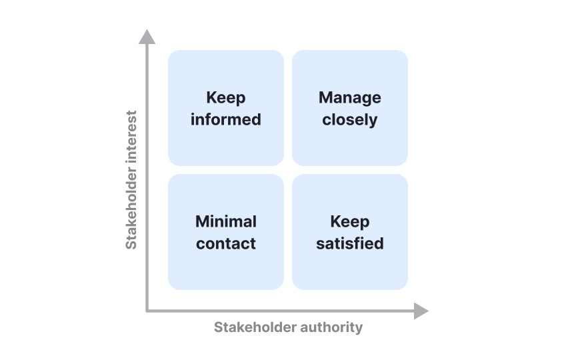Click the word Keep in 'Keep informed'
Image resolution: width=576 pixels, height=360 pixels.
[226, 98]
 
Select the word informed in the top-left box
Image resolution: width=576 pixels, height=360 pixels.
[226, 120]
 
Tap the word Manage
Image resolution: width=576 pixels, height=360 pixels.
[350, 98]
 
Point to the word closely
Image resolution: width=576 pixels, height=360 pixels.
[350, 120]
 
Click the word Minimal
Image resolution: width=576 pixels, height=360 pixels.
[226, 221]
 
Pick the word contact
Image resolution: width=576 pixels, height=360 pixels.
[226, 244]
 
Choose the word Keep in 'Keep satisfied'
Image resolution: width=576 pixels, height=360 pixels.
[350, 221]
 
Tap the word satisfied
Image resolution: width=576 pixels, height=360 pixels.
[350, 244]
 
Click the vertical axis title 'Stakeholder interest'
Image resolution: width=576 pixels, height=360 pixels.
[131, 180]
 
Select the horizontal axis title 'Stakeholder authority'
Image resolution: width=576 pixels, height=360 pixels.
[288, 327]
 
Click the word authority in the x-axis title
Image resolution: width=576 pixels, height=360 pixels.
[332, 327]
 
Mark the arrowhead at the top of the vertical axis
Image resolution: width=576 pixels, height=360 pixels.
[147, 37]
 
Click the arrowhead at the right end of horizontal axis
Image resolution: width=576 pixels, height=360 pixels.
[421, 311]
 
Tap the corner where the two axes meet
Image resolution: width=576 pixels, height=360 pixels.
[147, 311]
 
